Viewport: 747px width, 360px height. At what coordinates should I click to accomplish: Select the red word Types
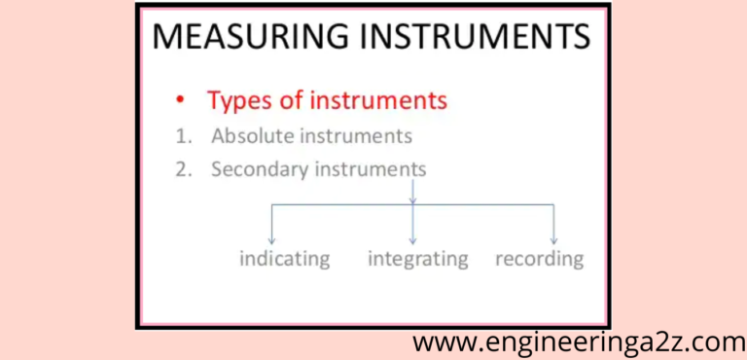(237, 101)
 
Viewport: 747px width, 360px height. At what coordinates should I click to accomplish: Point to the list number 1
(182, 135)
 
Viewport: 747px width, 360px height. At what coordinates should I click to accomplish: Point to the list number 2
(182, 169)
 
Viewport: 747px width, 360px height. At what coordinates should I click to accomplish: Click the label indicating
(285, 259)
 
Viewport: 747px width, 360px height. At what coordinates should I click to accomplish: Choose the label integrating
(418, 259)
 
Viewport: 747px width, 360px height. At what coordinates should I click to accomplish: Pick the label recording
(539, 259)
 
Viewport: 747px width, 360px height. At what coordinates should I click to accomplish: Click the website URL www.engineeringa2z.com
(579, 342)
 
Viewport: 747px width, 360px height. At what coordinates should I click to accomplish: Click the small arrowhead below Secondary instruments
(413, 198)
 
